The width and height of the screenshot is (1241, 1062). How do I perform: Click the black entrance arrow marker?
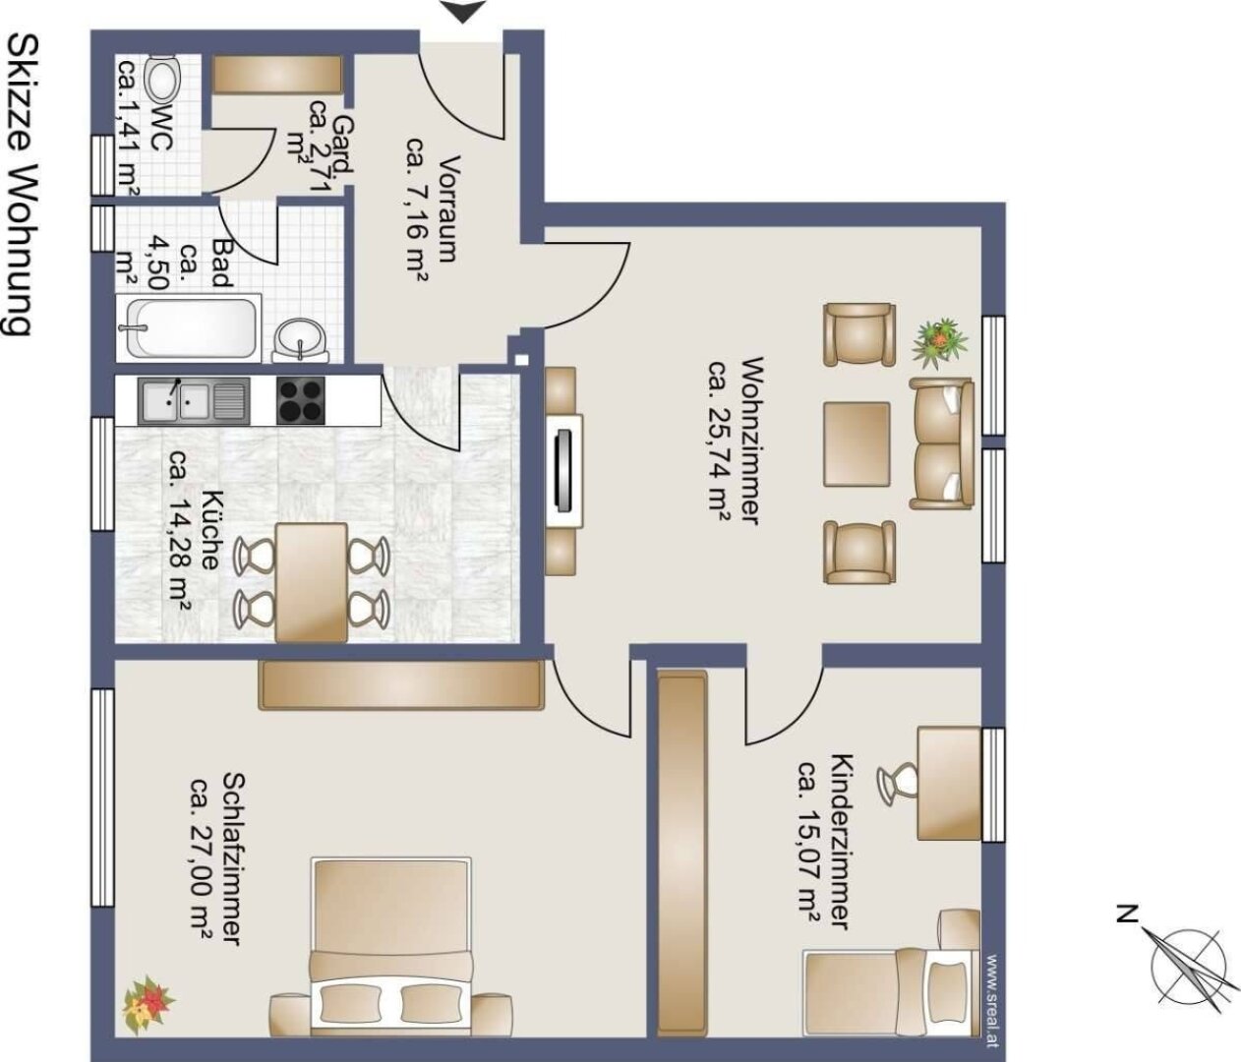coord(461,12)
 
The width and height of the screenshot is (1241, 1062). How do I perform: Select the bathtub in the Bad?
coord(191,328)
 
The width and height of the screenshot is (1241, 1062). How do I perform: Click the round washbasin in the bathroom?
coord(300,341)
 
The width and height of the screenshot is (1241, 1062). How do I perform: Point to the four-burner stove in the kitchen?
coord(301,400)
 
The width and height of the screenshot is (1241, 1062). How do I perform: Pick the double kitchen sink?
coord(194,401)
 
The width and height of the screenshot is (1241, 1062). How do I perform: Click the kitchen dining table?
coord(311,582)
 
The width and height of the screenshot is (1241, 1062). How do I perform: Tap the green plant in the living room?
coord(939,343)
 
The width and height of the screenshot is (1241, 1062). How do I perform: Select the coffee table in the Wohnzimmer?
coord(857,444)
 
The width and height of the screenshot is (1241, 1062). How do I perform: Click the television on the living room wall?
coord(563,471)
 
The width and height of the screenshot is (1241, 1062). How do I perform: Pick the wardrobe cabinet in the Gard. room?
coord(278,75)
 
